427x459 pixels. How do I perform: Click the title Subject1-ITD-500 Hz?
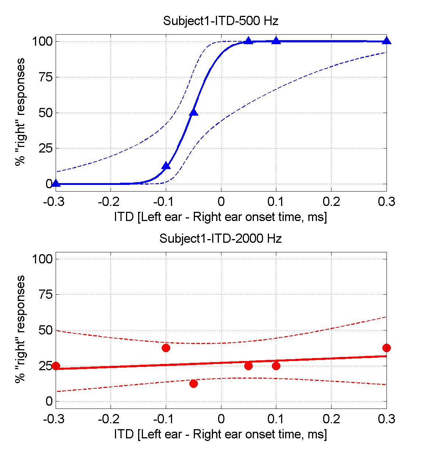click(220, 21)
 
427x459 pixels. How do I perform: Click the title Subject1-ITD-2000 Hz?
click(220, 238)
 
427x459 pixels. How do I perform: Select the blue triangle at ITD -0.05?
click(193, 112)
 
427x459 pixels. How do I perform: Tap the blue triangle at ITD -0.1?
click(166, 166)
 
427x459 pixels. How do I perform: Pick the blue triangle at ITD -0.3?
click(56, 183)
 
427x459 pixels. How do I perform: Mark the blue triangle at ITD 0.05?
click(248, 41)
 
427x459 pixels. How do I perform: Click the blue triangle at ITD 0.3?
click(386, 41)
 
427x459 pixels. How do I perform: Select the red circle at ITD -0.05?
click(193, 383)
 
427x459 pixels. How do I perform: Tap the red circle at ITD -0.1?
click(166, 348)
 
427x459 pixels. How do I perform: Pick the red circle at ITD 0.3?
click(386, 348)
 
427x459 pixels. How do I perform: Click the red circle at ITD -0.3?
click(56, 366)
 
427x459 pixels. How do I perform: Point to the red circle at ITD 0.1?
click(276, 366)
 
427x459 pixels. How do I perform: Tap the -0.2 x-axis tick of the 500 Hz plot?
click(111, 202)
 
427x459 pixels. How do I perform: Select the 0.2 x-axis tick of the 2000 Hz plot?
click(331, 419)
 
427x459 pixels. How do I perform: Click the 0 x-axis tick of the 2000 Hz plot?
click(221, 419)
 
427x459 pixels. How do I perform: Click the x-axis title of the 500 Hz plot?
click(220, 217)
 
